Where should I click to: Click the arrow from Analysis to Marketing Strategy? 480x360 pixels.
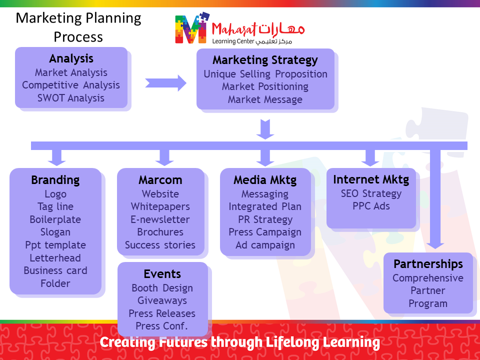165,83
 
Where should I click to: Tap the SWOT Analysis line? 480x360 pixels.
70,98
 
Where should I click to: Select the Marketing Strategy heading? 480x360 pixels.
265,60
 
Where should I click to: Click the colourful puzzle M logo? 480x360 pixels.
192,28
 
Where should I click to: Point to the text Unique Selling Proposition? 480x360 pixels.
265,74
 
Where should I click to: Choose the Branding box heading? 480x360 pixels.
55,180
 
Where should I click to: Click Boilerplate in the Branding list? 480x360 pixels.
55,219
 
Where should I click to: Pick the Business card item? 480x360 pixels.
55,270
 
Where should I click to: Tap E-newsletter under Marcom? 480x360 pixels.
160,219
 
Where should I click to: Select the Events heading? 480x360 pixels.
162,274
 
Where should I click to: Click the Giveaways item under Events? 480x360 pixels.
162,300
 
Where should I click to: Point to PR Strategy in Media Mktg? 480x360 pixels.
265,219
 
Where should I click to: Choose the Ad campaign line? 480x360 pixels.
265,245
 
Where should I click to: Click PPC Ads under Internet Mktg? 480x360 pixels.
371,206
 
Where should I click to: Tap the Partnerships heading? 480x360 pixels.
428,264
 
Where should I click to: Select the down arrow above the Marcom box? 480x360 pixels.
164,158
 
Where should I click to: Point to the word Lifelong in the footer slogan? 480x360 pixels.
292,342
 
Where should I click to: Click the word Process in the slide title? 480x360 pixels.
78,37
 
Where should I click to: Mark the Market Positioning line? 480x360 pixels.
265,86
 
